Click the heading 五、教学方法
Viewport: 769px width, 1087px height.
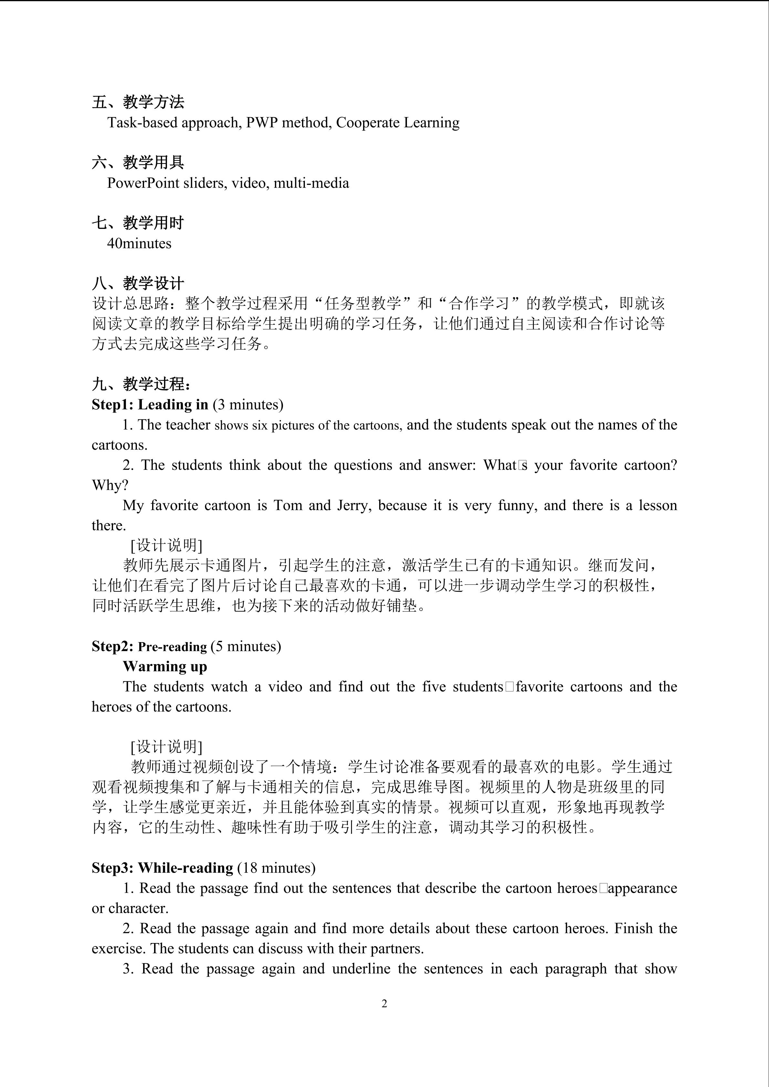(138, 102)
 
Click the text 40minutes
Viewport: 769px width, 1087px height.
(139, 243)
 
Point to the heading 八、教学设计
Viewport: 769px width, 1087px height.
(138, 283)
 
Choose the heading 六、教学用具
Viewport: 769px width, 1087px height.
(138, 162)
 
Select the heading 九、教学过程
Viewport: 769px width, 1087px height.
(141, 384)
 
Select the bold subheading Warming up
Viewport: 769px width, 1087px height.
(165, 667)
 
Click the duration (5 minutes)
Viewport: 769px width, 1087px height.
(246, 647)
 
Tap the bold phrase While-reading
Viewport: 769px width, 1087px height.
(186, 868)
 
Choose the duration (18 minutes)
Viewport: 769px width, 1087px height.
(276, 868)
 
